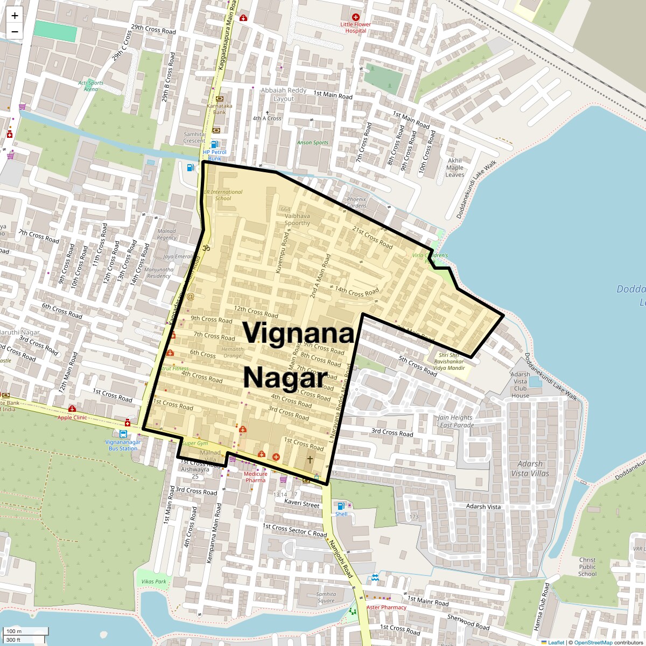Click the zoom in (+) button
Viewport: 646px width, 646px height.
click(x=15, y=16)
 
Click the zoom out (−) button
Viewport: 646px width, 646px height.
click(x=15, y=31)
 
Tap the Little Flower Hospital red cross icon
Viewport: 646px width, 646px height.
click(x=355, y=17)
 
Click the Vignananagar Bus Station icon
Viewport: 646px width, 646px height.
click(x=123, y=434)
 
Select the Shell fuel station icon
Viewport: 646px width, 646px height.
click(x=341, y=505)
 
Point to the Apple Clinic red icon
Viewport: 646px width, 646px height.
click(x=72, y=409)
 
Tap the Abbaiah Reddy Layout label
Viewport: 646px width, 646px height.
click(x=284, y=94)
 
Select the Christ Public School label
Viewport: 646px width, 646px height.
click(x=587, y=567)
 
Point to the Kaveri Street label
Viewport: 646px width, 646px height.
click(x=302, y=504)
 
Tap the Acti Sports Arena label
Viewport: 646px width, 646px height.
click(x=90, y=86)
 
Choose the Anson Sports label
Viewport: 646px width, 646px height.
click(x=313, y=143)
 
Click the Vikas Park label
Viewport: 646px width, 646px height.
click(x=154, y=581)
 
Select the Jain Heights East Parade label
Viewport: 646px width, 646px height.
click(x=456, y=421)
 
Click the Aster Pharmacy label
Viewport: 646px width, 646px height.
click(x=386, y=607)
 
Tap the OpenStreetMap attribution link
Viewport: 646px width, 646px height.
click(x=593, y=642)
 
